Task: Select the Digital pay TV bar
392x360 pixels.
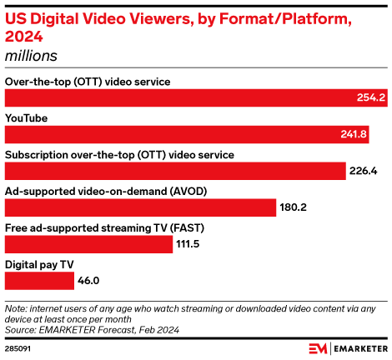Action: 39,281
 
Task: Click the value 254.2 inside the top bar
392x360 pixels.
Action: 369,97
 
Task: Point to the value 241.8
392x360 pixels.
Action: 353,134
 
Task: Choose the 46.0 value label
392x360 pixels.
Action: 90,281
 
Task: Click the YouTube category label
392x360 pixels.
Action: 26,118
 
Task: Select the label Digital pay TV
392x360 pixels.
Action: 39,264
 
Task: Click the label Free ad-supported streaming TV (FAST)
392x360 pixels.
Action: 104,227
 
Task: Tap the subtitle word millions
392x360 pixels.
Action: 33,55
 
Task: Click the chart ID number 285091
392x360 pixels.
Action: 18,349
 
